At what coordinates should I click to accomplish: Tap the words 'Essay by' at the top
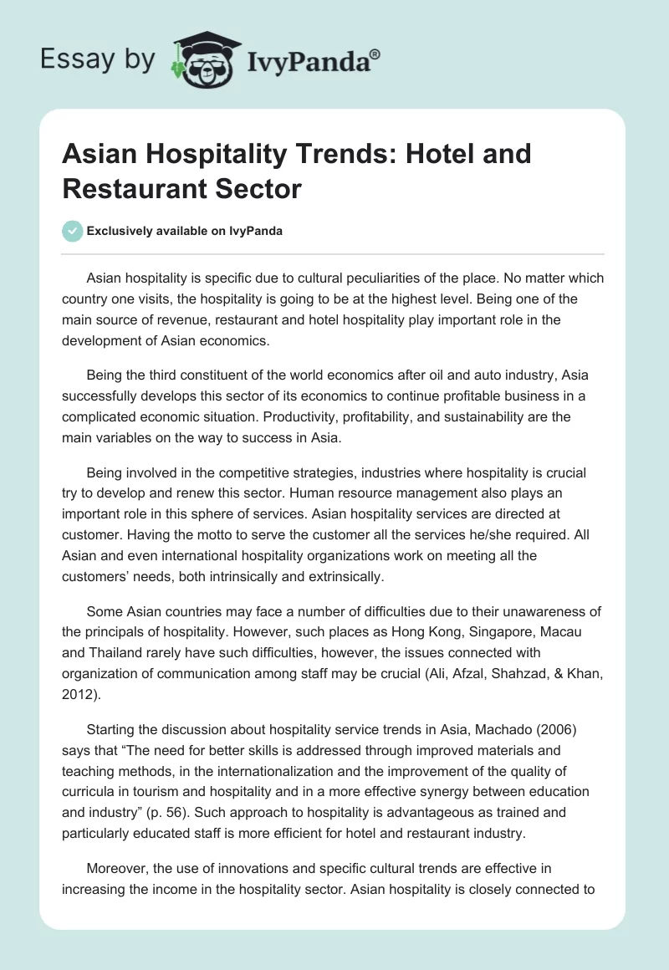(97, 59)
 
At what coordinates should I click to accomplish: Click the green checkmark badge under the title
(73, 231)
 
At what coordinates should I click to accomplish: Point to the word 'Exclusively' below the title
(124, 231)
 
